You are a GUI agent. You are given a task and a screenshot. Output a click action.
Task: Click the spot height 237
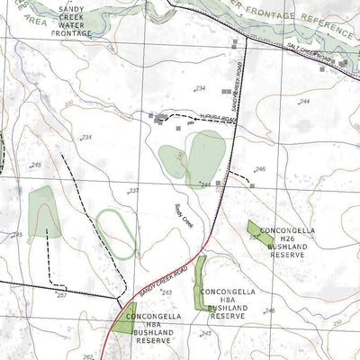pos(133,192)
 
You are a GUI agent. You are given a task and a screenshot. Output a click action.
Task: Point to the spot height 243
pos(166,292)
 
